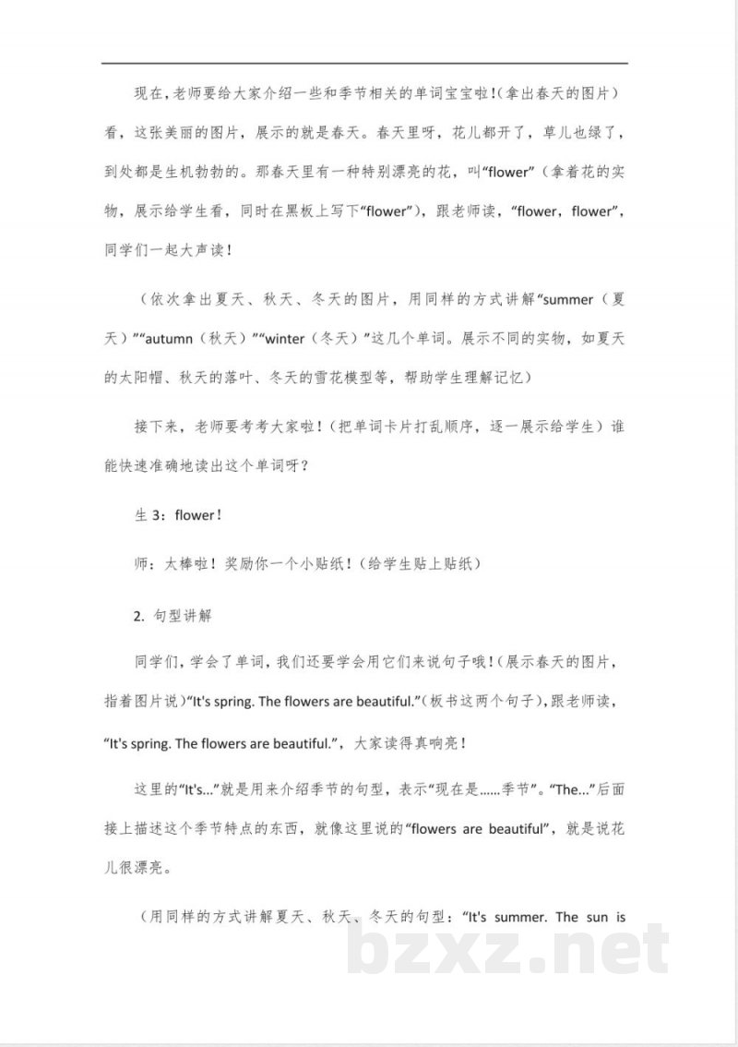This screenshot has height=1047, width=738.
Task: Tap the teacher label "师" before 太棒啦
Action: [x=142, y=563]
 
